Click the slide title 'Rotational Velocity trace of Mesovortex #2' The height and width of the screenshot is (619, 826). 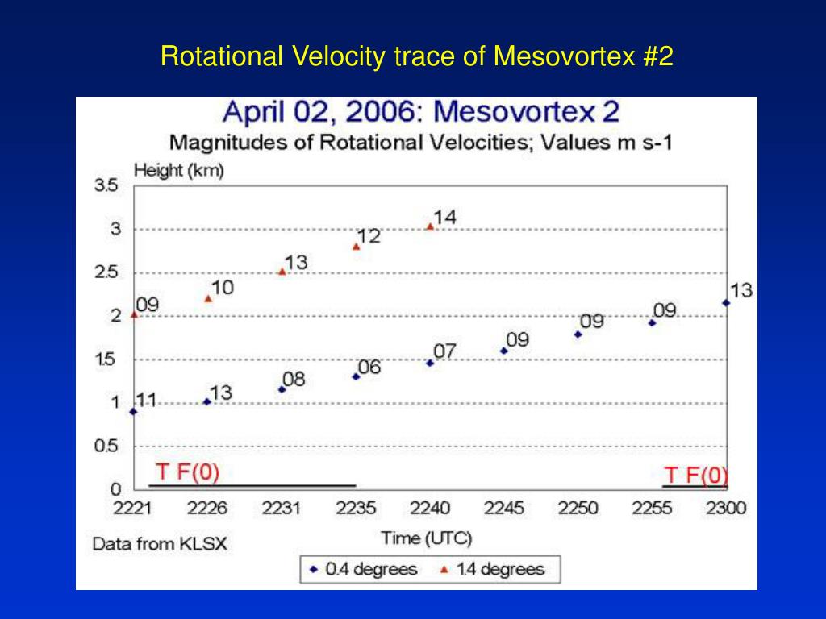coord(416,56)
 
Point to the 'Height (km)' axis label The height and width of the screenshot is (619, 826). coord(178,170)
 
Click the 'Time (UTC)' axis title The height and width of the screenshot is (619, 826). coord(427,538)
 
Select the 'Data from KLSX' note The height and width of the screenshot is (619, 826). coord(160,544)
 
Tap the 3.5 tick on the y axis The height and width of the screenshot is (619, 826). coord(107,185)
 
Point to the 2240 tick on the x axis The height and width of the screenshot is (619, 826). coord(430,509)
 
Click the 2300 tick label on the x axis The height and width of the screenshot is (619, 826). coord(726,509)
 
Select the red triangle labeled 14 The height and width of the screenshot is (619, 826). coord(430,226)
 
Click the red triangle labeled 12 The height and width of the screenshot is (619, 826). coord(356,247)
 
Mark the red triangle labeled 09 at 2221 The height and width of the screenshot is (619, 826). coord(134,314)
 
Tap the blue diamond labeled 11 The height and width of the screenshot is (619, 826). coord(134,412)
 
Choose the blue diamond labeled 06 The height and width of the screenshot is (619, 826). coord(356,376)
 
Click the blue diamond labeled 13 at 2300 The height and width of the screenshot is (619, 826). coord(726,303)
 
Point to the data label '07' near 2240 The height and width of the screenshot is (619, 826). coord(444,352)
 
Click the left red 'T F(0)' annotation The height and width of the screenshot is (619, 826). coord(187,472)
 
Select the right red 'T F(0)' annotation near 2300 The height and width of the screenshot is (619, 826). coord(695,476)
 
